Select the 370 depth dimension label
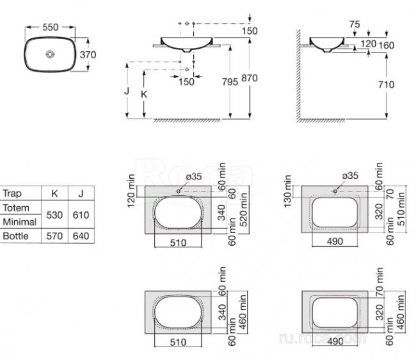coord(88,54)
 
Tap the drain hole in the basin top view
coord(49,55)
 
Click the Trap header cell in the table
coord(12,193)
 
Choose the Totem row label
coord(15,208)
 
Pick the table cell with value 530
coord(54,215)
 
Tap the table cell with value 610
coord(81,215)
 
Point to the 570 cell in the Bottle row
coord(54,236)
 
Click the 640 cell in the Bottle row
coord(81,236)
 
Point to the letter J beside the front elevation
coord(128,92)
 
